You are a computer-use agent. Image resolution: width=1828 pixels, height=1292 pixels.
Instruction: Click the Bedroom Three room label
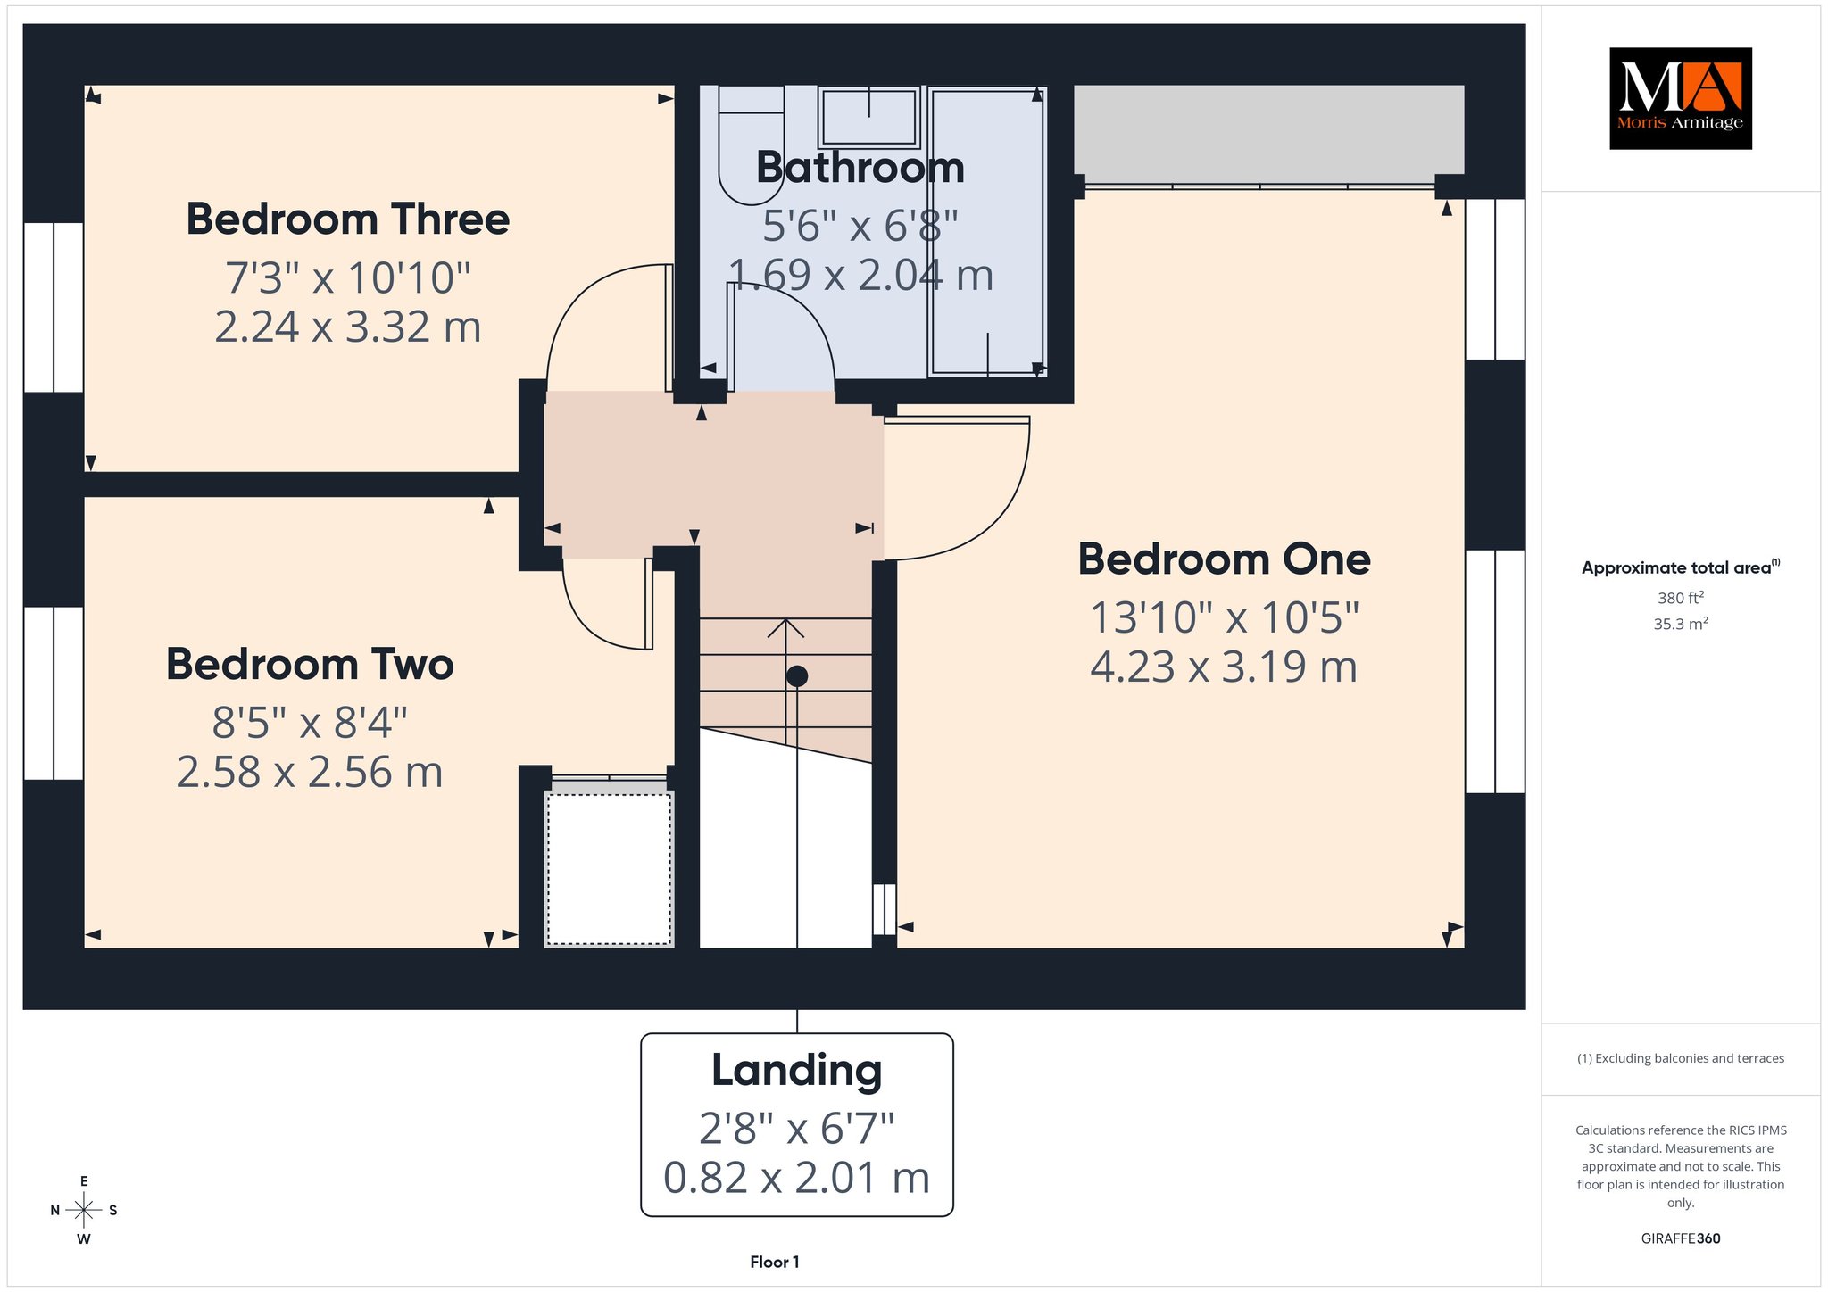pos(347,219)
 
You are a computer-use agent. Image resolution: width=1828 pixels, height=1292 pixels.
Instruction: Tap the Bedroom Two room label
pos(310,665)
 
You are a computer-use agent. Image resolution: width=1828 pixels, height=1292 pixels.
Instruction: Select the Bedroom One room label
pos(1224,559)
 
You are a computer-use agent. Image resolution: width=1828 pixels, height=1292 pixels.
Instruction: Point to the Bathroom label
pos(860,168)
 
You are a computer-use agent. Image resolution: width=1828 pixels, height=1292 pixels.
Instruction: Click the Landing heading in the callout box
pos(796,1071)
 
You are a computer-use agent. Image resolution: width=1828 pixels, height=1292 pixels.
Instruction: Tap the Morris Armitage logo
pos(1680,98)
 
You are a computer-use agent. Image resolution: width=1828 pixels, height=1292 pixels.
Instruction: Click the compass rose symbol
pos(84,1210)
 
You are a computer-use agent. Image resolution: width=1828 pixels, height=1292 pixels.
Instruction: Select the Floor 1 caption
pos(775,1262)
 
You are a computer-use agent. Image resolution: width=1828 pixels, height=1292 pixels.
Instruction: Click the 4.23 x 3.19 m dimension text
pos(1224,667)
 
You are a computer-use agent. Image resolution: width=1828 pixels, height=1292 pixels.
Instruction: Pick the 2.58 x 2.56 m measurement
pos(310,773)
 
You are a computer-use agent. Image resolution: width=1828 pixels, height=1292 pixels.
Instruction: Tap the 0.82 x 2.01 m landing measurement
pos(796,1178)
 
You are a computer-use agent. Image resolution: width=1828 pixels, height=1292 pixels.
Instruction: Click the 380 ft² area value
pos(1681,598)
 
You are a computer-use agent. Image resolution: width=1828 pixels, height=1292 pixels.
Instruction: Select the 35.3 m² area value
pos(1681,624)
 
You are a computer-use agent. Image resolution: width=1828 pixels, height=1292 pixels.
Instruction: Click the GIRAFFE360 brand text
pos(1681,1238)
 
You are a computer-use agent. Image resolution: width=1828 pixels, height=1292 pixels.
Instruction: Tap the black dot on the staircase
pos(796,676)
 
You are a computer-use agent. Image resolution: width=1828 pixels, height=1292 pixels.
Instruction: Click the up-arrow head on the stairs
pos(785,628)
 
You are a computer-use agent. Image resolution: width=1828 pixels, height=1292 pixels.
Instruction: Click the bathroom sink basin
pos(869,117)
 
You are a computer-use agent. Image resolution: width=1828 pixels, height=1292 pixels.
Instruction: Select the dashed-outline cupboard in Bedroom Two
pos(609,869)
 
